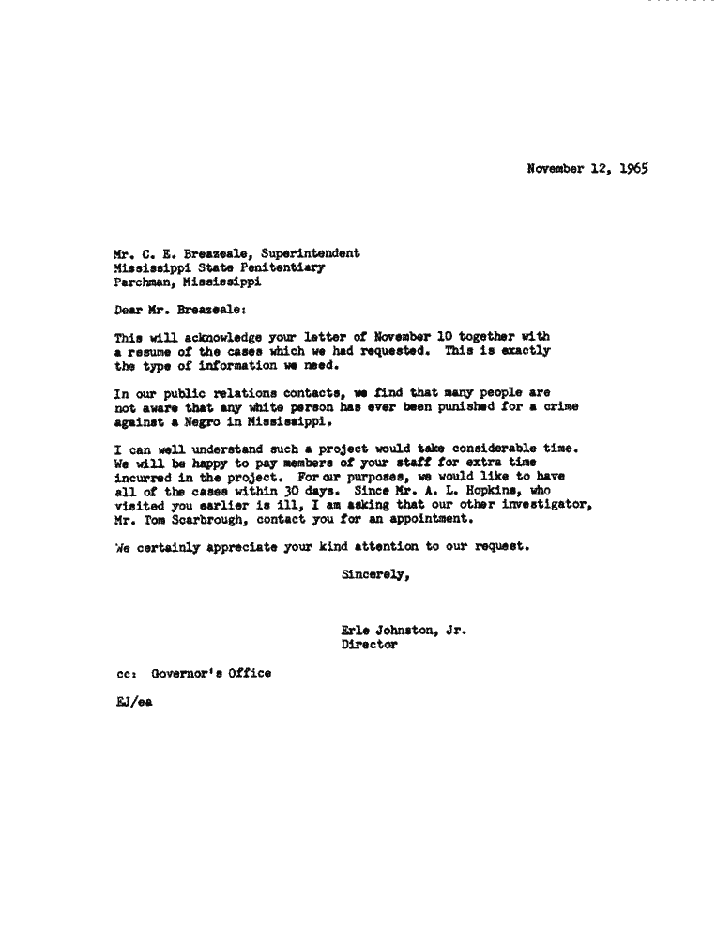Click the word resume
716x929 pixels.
[146, 350]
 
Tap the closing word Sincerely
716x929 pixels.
[375, 575]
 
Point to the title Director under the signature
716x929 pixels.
[369, 646]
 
